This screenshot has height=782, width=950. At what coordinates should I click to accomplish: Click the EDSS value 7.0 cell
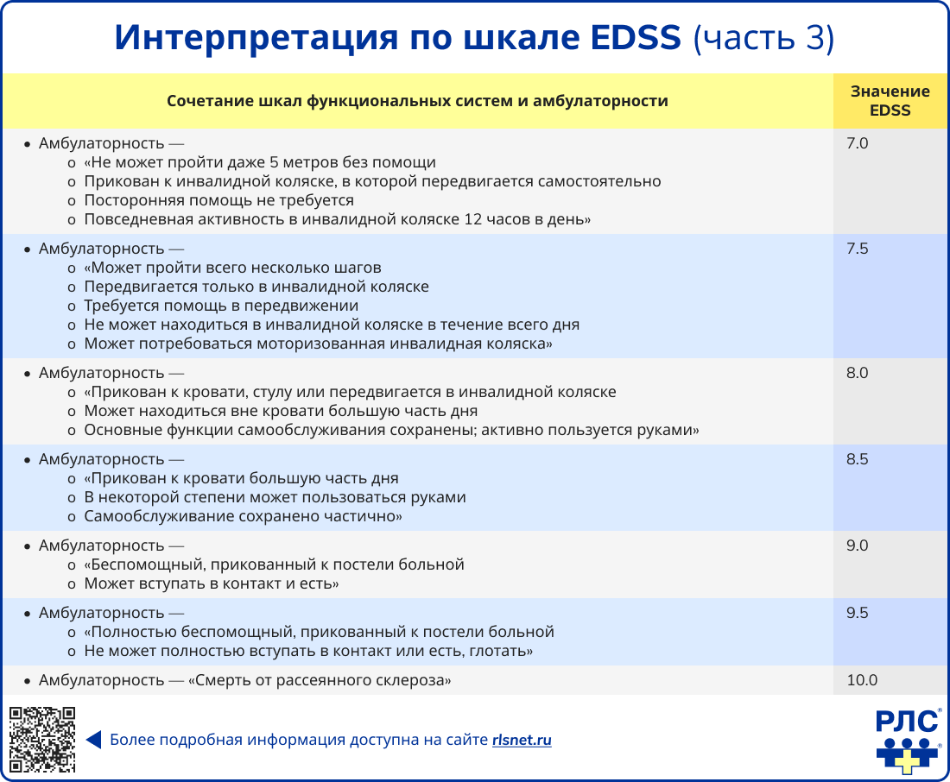[x=857, y=143]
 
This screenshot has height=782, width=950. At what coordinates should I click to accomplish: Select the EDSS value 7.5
[x=857, y=249]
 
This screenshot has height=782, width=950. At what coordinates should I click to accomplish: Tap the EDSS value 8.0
[x=857, y=373]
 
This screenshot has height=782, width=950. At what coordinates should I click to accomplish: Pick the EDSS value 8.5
[x=857, y=460]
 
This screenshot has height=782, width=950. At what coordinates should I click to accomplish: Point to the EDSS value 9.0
[x=857, y=546]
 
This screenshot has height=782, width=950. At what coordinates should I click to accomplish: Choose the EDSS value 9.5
[x=857, y=613]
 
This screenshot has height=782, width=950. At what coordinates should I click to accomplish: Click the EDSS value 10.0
[x=862, y=680]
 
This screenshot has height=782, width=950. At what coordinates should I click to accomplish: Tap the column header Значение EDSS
[x=890, y=100]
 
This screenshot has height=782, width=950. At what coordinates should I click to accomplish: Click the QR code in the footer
[x=42, y=740]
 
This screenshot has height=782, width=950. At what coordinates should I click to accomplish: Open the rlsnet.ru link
[x=522, y=741]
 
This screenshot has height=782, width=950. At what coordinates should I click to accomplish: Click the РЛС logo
[x=908, y=741]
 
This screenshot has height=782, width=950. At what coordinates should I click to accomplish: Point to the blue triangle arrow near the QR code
[x=94, y=740]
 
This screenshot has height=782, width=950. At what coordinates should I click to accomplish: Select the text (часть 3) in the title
[x=763, y=38]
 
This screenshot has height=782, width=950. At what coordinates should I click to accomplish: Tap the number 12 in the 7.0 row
[x=472, y=219]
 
